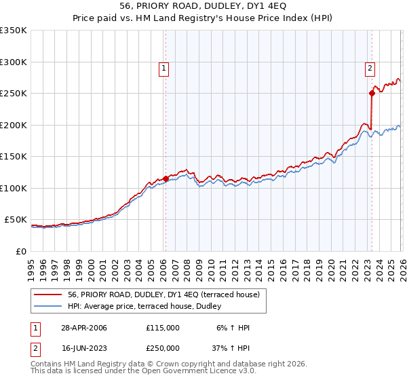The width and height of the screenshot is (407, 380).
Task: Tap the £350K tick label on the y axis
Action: [13, 31]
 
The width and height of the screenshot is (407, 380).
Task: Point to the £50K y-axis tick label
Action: [15, 220]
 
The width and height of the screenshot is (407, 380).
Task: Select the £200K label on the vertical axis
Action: [13, 125]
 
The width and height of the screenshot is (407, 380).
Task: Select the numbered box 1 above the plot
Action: [165, 68]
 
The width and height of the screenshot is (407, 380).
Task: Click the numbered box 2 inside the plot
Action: [370, 68]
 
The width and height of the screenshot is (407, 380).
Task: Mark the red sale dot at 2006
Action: [166, 179]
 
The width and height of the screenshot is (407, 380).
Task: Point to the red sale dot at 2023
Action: [372, 94]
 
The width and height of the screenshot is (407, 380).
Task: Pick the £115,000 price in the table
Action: [163, 328]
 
